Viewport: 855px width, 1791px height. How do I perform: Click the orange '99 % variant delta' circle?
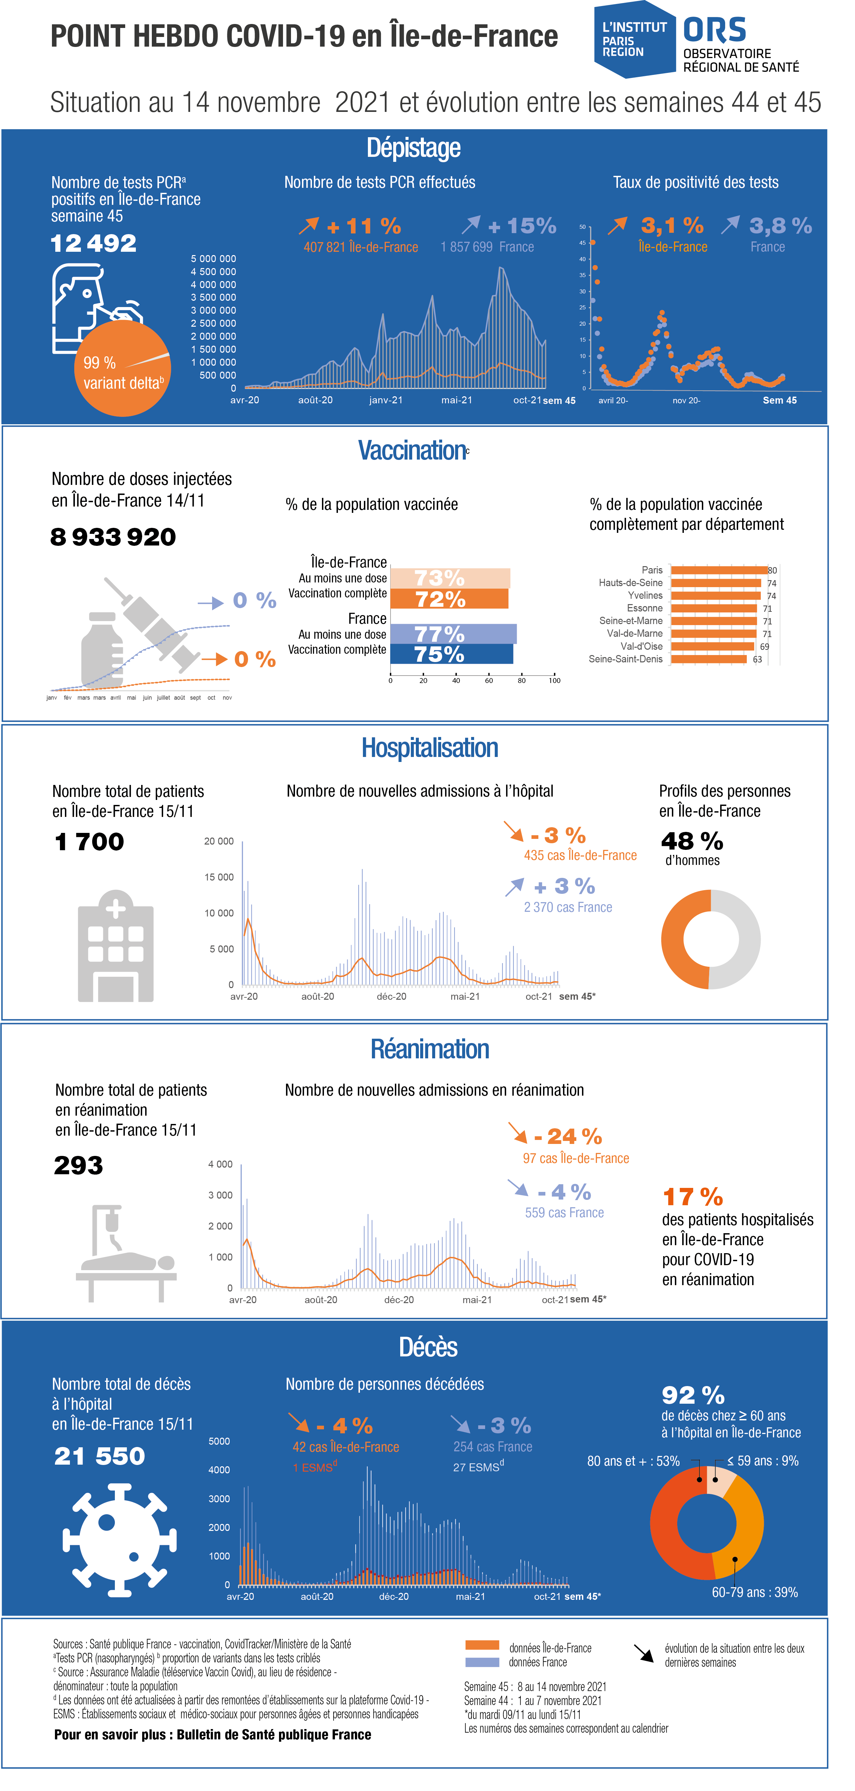pos(122,368)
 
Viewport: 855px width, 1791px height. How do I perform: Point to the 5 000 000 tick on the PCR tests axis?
pos(213,259)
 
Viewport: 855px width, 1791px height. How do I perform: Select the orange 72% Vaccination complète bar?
pos(449,599)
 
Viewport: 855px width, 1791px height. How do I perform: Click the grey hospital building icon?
pos(116,945)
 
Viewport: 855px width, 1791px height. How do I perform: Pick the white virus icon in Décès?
pos(120,1540)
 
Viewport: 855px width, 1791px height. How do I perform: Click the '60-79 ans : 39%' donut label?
pos(755,1592)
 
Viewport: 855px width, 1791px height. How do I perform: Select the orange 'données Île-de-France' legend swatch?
pos(482,1645)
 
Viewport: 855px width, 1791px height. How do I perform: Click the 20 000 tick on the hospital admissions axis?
pos(219,841)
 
